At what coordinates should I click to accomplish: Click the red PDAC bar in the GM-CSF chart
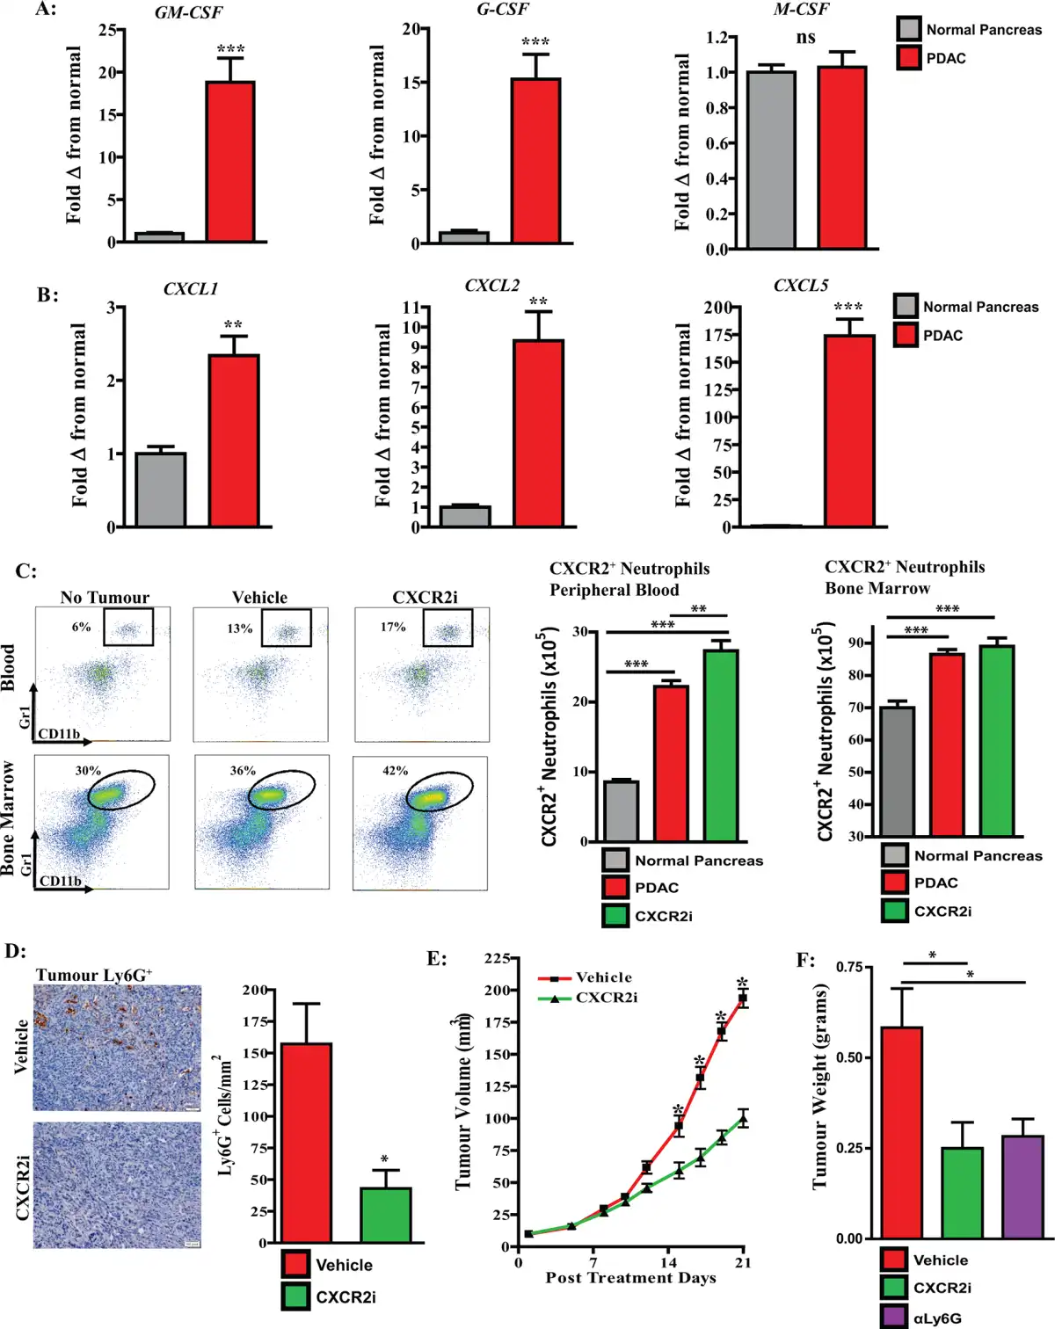point(230,162)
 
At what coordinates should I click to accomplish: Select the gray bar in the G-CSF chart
point(464,237)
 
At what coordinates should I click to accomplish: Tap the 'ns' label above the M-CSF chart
point(805,37)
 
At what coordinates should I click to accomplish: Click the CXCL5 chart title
point(800,286)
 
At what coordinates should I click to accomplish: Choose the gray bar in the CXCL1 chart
point(160,490)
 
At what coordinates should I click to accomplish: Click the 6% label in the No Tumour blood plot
point(82,627)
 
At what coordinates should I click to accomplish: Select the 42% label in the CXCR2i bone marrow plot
point(395,771)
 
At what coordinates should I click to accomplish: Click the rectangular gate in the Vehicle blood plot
point(286,628)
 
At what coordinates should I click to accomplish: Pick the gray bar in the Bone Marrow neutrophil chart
point(898,771)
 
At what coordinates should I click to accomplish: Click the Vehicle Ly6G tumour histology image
point(117,1047)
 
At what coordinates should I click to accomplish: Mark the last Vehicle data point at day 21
point(743,999)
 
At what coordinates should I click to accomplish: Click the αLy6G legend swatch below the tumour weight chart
point(894,1317)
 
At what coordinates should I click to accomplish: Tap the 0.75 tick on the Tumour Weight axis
point(849,967)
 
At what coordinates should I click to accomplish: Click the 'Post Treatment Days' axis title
point(630,1278)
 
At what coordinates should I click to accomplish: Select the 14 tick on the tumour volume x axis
point(668,1263)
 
